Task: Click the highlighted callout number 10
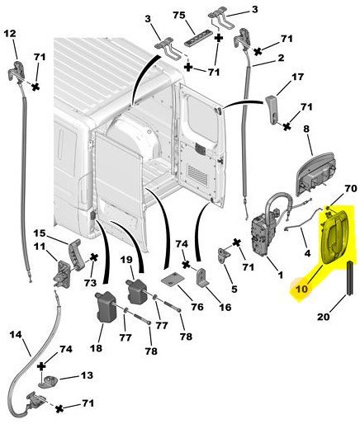tap(301, 289)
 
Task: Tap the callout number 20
tap(324, 317)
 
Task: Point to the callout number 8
tap(306, 129)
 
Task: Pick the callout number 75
tap(179, 15)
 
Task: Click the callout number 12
tap(10, 34)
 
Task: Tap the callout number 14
tap(16, 335)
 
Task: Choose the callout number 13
tap(87, 375)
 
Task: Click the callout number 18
tap(96, 348)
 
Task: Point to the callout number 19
tap(127, 260)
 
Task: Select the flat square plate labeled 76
tap(173, 280)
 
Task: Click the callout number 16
tap(225, 307)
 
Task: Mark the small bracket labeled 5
tap(224, 256)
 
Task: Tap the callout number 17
tap(297, 77)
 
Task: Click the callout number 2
tap(282, 59)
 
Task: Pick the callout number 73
tap(91, 283)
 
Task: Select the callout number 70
tap(351, 189)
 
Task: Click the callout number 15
tap(40, 233)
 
